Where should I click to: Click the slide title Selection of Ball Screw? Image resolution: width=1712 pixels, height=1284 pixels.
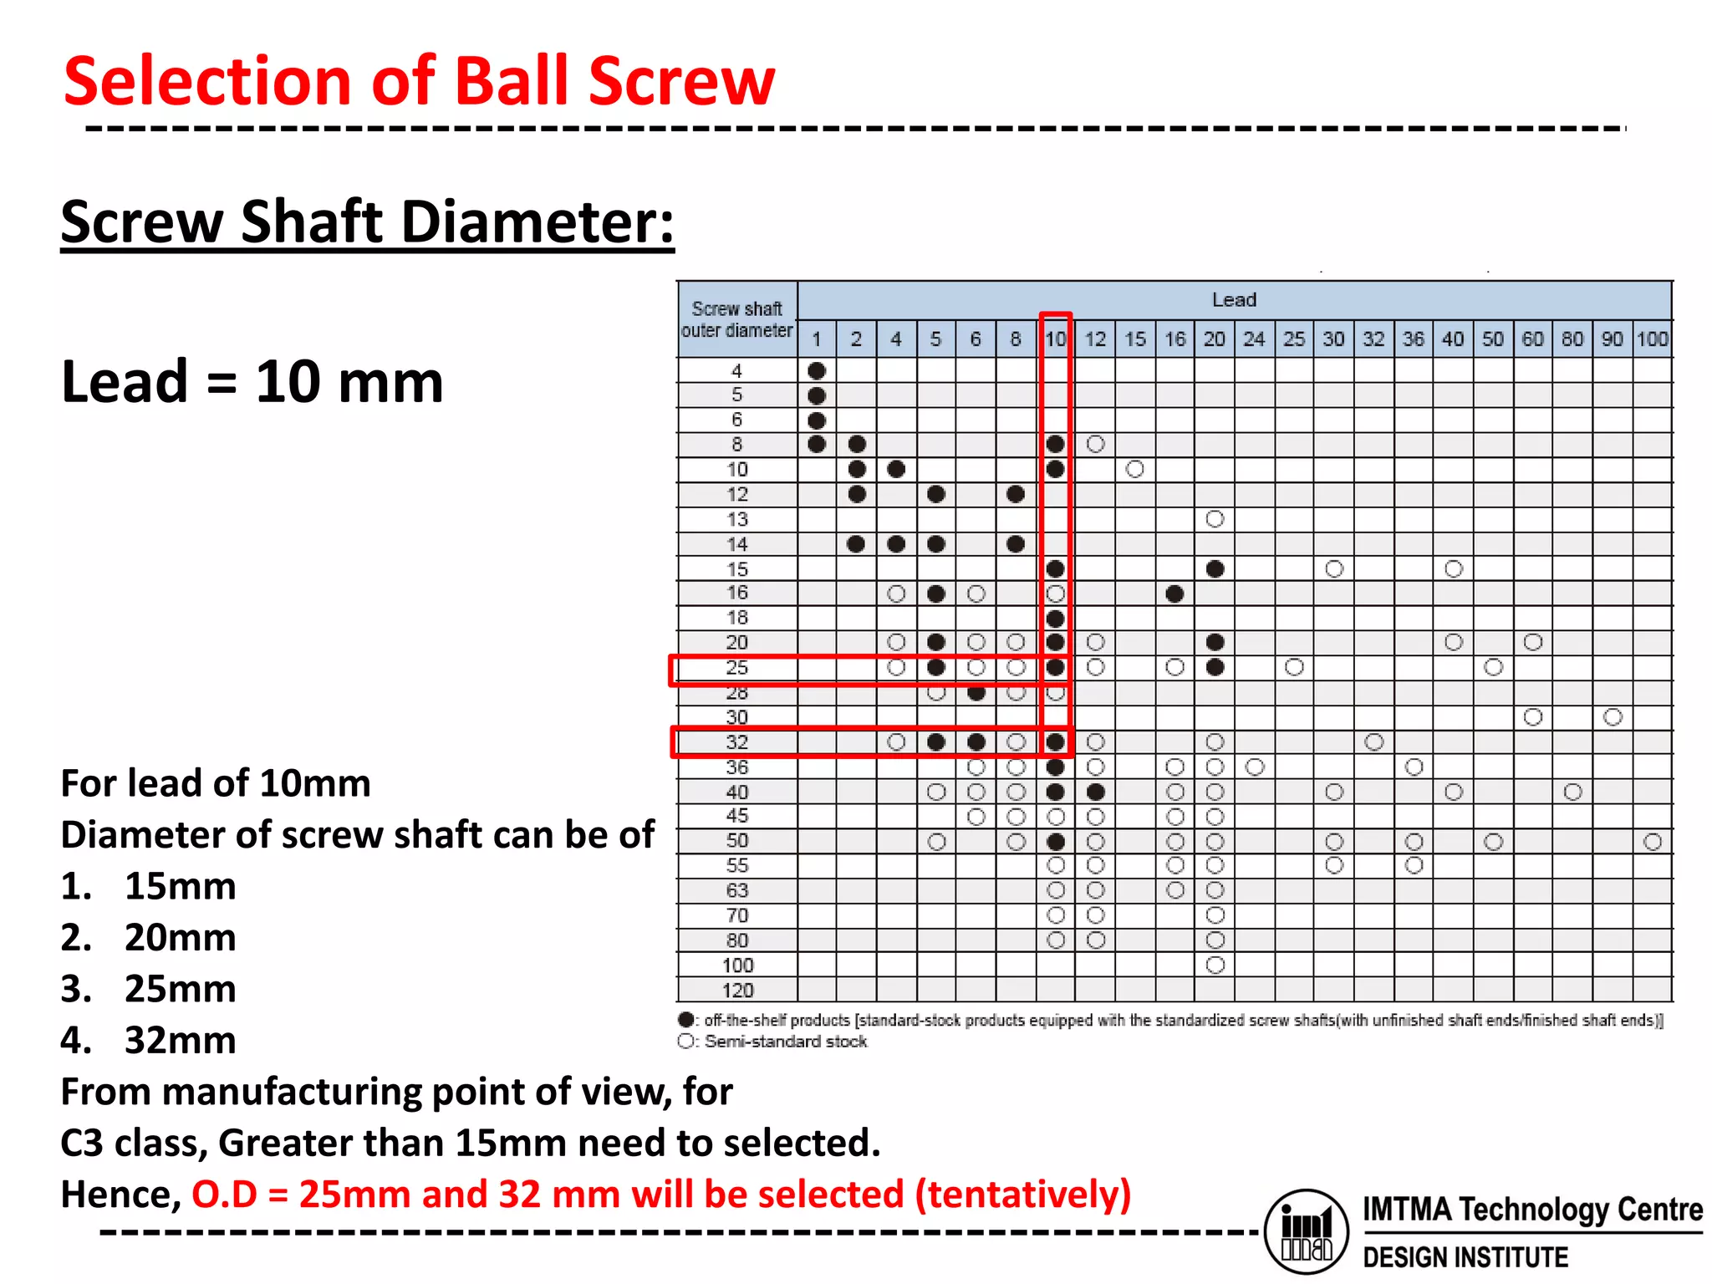click(x=419, y=81)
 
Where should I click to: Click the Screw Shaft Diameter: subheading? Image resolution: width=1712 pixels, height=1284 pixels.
click(x=367, y=222)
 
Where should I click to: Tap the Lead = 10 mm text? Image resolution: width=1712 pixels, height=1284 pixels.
click(x=252, y=382)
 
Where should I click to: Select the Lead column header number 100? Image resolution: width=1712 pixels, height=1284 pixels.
click(x=1652, y=339)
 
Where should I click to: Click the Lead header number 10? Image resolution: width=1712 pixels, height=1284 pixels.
click(x=1056, y=339)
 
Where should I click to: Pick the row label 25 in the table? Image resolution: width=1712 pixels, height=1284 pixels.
click(x=736, y=668)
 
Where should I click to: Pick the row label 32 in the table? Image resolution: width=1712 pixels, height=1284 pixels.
click(x=736, y=742)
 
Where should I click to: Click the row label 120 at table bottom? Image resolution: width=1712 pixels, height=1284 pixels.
click(x=737, y=991)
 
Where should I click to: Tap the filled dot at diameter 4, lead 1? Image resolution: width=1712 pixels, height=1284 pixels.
click(x=817, y=370)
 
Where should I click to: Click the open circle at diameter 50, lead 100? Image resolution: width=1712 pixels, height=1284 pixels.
click(x=1652, y=842)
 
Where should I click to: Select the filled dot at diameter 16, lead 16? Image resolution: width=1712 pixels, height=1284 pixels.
click(x=1174, y=594)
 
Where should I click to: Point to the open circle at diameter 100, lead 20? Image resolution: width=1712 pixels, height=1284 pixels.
click(x=1215, y=966)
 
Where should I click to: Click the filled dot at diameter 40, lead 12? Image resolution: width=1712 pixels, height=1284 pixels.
click(x=1096, y=792)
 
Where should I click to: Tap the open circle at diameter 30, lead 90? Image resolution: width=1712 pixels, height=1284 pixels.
click(x=1613, y=717)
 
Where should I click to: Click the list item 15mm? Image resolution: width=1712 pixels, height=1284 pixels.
click(x=180, y=886)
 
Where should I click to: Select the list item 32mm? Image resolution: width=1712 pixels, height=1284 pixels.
click(x=180, y=1041)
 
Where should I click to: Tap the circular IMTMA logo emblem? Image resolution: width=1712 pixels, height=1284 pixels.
click(x=1307, y=1231)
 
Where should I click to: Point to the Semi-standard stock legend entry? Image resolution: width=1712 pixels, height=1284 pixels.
click(x=784, y=1042)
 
